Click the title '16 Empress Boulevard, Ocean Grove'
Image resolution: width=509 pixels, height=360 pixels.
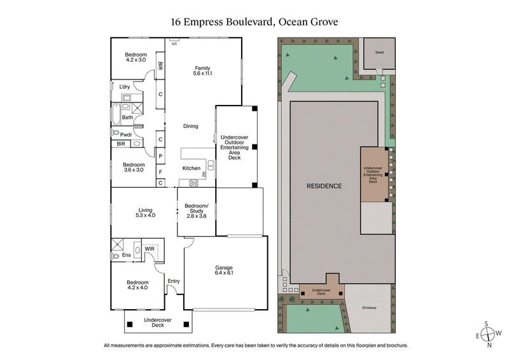pos(254,22)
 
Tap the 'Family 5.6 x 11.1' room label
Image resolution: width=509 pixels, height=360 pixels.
pos(202,71)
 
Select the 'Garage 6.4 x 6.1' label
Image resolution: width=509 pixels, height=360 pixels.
pos(224,271)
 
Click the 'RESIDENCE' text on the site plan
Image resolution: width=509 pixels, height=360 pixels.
pos(324,186)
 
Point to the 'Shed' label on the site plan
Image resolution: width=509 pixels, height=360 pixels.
pos(379,52)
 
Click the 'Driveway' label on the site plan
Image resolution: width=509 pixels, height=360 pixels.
pos(369,308)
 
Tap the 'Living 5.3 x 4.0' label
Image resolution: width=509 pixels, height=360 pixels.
pos(145,212)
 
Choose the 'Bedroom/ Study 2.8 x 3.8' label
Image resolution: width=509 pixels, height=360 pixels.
pos(197,211)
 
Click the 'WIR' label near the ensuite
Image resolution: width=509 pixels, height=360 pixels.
pos(150,248)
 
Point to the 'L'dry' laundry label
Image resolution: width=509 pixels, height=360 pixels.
pos(125,87)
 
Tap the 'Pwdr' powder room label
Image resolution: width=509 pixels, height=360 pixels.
pos(126,134)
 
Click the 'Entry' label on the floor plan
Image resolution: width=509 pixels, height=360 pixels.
pos(173,280)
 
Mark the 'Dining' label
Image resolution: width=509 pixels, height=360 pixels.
pos(191,125)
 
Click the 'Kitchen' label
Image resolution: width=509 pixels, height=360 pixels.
pos(192,168)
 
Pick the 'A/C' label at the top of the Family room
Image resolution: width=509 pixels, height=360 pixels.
pos(174,45)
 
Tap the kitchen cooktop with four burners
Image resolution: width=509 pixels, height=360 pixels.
pos(192,184)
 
